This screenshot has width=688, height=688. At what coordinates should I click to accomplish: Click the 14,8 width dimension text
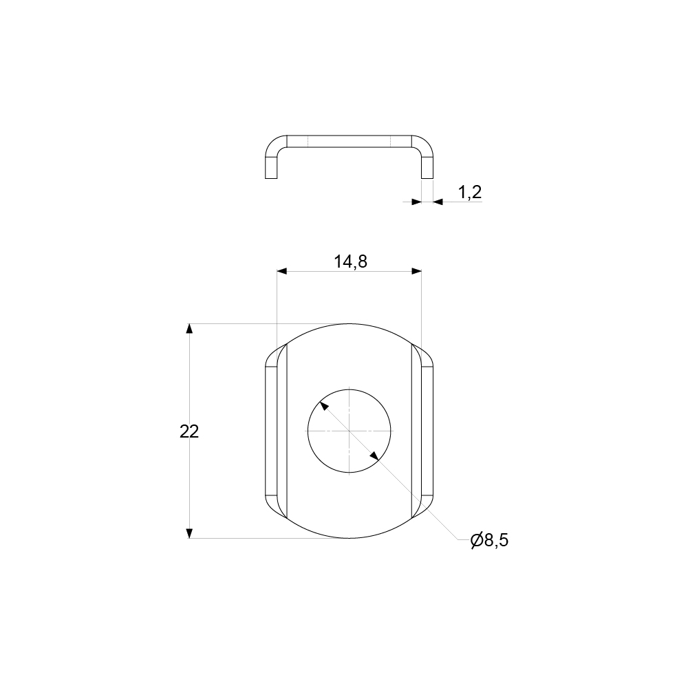pos(350,261)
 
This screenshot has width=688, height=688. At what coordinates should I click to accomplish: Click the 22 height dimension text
pos(189,432)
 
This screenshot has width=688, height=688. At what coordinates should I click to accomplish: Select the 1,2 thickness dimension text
pos(469,193)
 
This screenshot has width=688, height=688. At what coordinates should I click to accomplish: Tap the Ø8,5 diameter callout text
pos(490,541)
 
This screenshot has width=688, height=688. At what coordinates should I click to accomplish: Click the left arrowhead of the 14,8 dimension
pos(281,271)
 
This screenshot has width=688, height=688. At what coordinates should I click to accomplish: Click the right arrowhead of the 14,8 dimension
pos(416,271)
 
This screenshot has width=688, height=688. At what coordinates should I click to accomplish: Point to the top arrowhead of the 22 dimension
pos(190,328)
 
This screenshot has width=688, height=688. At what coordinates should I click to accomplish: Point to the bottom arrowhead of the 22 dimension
pos(190,533)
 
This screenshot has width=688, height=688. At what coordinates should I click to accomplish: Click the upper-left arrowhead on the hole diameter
pos(324,406)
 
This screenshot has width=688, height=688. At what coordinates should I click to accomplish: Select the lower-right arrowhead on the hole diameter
pos(374,455)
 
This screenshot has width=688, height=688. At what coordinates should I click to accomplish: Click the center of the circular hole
pos(349,431)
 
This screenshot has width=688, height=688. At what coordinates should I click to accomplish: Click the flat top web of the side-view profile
pos(349,141)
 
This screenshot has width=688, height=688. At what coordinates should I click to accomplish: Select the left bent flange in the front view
pos(272,431)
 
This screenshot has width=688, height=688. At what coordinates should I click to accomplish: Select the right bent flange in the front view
pos(427,431)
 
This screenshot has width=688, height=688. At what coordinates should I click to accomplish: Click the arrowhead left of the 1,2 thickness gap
pos(416,202)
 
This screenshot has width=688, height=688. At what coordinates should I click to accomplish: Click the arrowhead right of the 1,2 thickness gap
pos(438,202)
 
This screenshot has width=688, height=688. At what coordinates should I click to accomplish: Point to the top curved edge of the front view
pos(349,323)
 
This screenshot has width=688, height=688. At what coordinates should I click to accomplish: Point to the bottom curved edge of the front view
pos(349,538)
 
